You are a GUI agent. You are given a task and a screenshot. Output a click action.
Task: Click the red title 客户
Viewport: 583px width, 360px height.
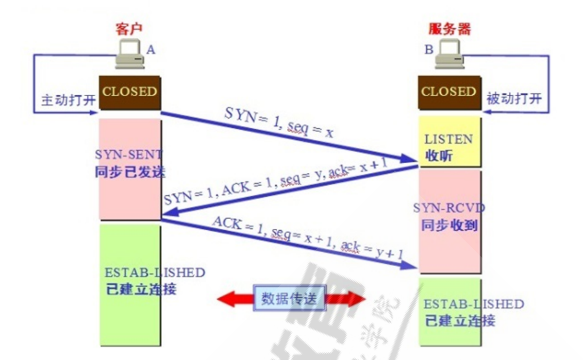tap(129, 29)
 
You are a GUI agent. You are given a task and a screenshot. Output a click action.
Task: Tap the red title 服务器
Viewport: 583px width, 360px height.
tap(450, 29)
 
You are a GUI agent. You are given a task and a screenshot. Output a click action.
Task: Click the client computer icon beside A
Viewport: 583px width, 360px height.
tap(130, 54)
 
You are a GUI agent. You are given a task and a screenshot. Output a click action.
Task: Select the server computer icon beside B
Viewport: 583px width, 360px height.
tap(450, 54)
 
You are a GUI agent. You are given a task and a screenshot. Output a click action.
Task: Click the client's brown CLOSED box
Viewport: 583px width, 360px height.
tap(130, 92)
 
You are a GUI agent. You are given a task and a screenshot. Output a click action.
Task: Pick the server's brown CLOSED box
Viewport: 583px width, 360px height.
tap(450, 92)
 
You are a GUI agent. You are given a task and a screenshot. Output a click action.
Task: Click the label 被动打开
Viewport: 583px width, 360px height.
tap(514, 99)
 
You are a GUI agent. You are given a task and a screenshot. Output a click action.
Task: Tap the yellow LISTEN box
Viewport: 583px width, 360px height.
tap(450, 141)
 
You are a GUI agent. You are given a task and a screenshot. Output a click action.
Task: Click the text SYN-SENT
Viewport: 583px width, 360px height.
tap(129, 154)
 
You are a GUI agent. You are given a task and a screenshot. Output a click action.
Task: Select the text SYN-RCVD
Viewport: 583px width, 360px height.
tap(449, 208)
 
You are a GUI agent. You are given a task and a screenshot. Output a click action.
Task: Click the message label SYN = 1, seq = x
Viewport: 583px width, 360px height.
tap(279, 123)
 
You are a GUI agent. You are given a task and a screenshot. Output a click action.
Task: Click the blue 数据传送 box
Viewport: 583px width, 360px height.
tap(290, 298)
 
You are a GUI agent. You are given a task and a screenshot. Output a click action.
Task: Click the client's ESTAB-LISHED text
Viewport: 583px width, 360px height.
tap(155, 273)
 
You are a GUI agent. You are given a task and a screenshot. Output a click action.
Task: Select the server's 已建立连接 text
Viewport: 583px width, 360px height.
tap(460, 321)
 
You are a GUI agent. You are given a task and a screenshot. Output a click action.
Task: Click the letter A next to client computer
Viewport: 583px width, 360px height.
tap(150, 50)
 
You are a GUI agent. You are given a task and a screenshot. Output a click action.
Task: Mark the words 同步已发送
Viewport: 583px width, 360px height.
tap(130, 171)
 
